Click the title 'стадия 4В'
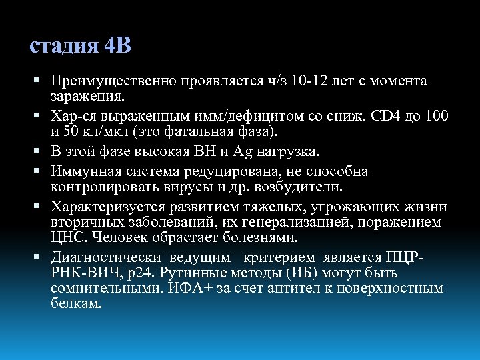tap(81, 46)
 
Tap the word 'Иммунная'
tap(87, 171)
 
